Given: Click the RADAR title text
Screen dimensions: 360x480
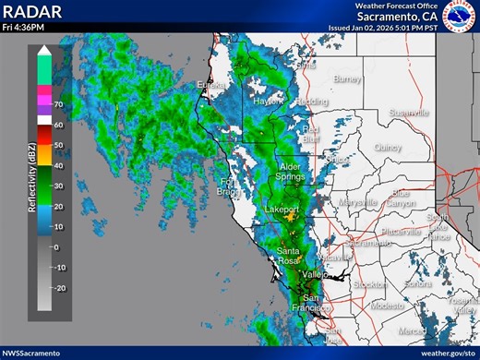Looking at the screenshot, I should (x=32, y=11).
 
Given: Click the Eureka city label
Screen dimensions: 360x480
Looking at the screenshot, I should (x=210, y=86).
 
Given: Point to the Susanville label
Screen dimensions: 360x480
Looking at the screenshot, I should (x=408, y=113).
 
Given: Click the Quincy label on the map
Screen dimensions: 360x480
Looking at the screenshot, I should (x=388, y=147).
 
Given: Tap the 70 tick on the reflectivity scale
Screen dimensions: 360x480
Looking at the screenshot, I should (x=57, y=104).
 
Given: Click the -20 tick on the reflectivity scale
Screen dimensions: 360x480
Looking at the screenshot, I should (x=59, y=288).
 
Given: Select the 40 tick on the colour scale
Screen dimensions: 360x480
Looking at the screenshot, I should (x=57, y=165).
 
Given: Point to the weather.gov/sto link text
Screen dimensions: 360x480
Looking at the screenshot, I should (x=446, y=353).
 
